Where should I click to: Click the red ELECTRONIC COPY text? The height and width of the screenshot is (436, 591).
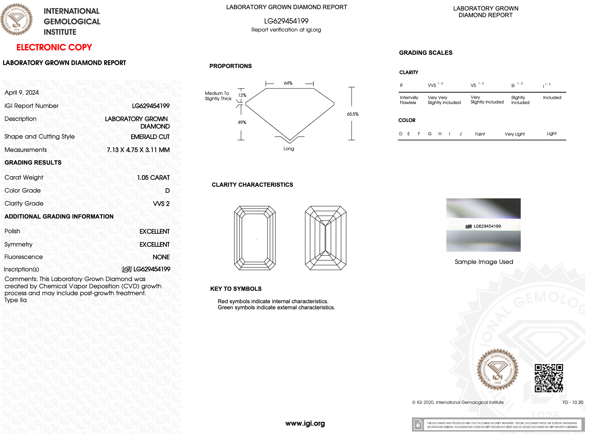(x=54, y=47)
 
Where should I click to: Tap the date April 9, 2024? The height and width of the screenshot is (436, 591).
(x=22, y=93)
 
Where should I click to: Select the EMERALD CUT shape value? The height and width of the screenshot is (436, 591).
(x=150, y=137)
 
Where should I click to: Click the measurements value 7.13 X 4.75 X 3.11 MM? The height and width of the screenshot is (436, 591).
(x=138, y=150)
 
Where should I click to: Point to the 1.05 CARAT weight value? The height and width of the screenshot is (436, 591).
(x=153, y=178)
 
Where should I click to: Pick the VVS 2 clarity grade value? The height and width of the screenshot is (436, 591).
(x=161, y=204)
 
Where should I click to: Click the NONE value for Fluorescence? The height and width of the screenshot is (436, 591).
(x=161, y=257)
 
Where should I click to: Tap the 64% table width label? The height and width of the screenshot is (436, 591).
(x=288, y=83)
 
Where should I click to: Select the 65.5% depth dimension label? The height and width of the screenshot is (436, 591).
(x=352, y=114)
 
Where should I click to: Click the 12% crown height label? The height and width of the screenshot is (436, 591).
(x=242, y=95)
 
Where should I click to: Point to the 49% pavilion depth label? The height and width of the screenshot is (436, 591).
(x=242, y=123)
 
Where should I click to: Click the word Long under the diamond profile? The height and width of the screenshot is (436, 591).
(x=289, y=149)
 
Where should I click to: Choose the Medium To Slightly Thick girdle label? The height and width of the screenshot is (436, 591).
(x=218, y=96)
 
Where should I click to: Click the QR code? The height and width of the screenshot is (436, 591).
(x=549, y=378)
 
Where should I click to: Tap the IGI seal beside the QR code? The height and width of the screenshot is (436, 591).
(x=497, y=370)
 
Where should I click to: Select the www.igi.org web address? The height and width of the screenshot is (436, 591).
(x=305, y=424)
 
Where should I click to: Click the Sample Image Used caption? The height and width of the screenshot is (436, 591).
(x=484, y=262)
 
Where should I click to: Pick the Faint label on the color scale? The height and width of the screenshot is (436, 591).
(x=480, y=134)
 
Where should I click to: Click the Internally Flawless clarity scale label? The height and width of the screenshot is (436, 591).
(x=409, y=100)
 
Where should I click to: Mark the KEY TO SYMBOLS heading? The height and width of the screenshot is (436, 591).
(x=236, y=289)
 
